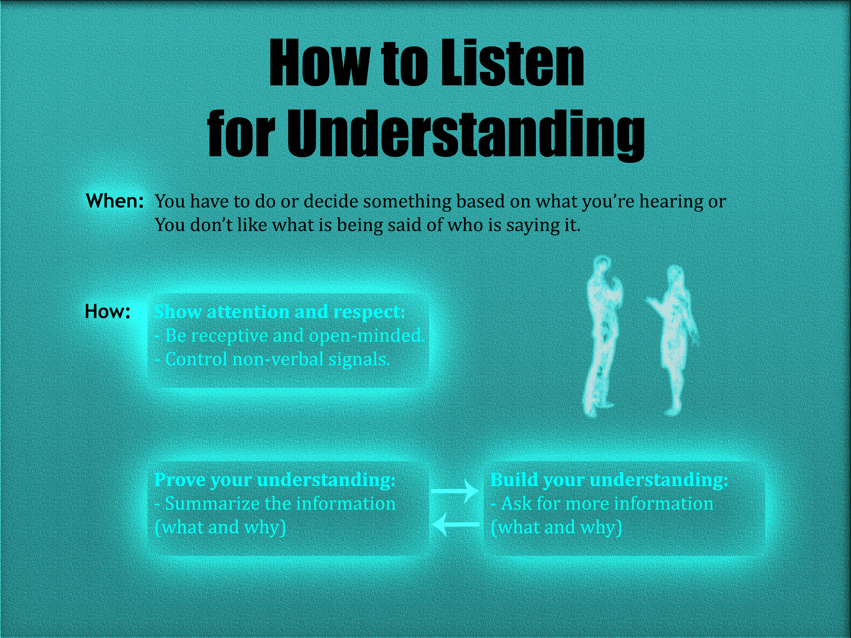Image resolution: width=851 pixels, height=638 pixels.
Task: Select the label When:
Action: tap(115, 201)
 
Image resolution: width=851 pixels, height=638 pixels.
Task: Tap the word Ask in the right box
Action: tap(516, 504)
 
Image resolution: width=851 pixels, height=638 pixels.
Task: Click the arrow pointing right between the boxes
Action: tap(455, 491)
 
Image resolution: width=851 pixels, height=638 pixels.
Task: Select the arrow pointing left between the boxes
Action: tap(455, 524)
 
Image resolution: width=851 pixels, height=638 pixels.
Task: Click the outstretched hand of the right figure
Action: tap(652, 302)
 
